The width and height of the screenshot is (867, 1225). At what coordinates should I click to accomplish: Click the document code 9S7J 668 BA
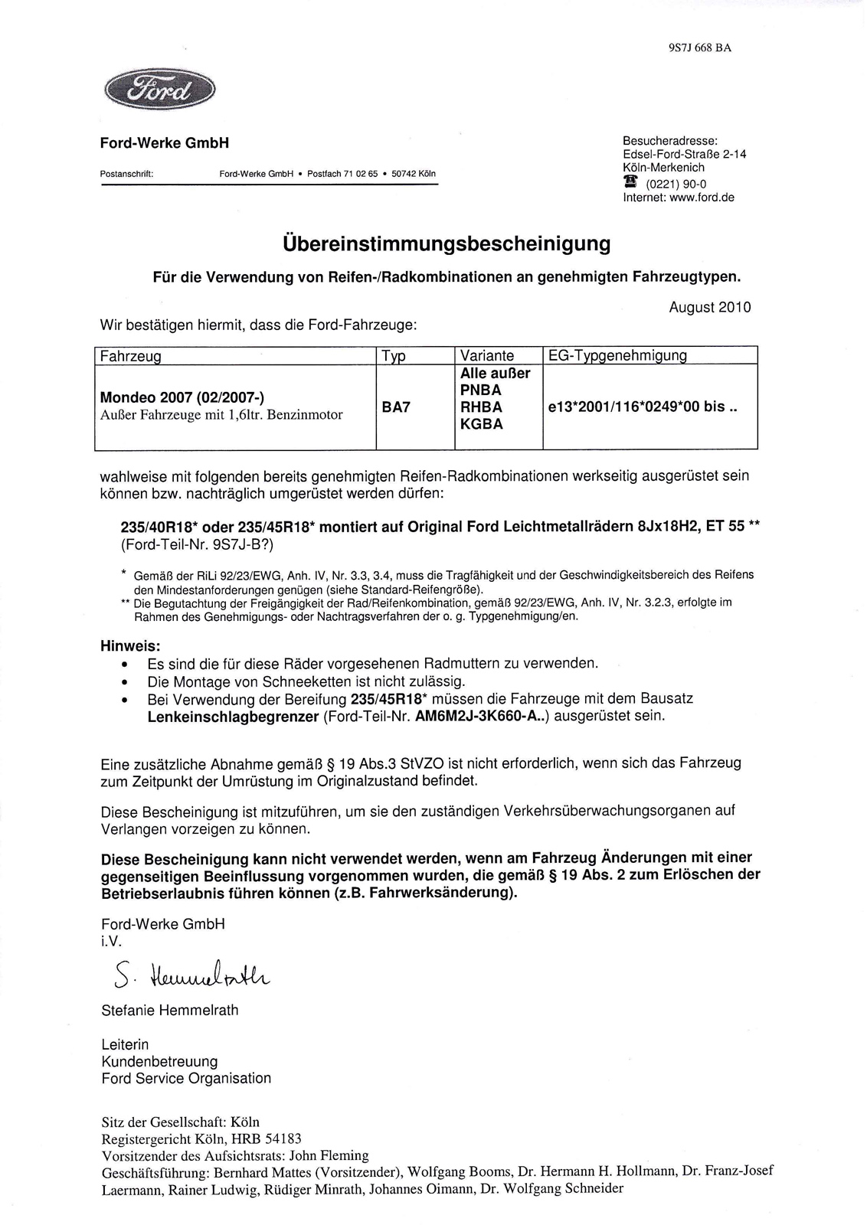tap(699, 47)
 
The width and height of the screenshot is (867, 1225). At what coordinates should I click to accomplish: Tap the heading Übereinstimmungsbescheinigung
tap(447, 244)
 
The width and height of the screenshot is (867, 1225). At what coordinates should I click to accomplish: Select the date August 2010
tap(709, 308)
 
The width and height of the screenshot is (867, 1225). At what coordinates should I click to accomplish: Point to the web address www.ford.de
tap(701, 198)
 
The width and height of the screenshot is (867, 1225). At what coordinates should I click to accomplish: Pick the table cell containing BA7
tap(396, 407)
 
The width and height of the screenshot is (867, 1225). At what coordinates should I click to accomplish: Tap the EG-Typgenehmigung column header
tap(617, 356)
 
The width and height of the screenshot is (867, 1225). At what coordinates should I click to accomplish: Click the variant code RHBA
tap(481, 407)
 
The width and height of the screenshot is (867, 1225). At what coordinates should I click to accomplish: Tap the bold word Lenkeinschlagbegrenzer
tap(233, 717)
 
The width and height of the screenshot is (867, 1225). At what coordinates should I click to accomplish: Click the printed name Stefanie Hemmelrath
tap(169, 1011)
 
